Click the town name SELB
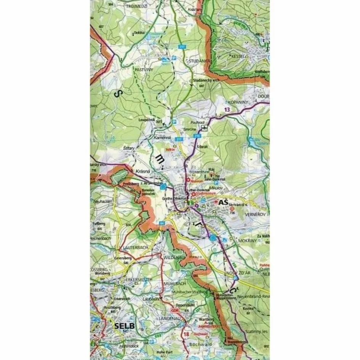pyautogui.click(x=124, y=326)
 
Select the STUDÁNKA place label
pyautogui.click(x=197, y=61)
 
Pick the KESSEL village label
pyautogui.click(x=237, y=56)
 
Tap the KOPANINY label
pyautogui.click(x=237, y=102)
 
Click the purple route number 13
pyautogui.click(x=227, y=110)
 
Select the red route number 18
pyautogui.click(x=186, y=334)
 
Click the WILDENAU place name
pyautogui.click(x=174, y=258)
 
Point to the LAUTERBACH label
pyautogui.click(x=135, y=247)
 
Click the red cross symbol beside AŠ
pyautogui.click(x=216, y=202)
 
